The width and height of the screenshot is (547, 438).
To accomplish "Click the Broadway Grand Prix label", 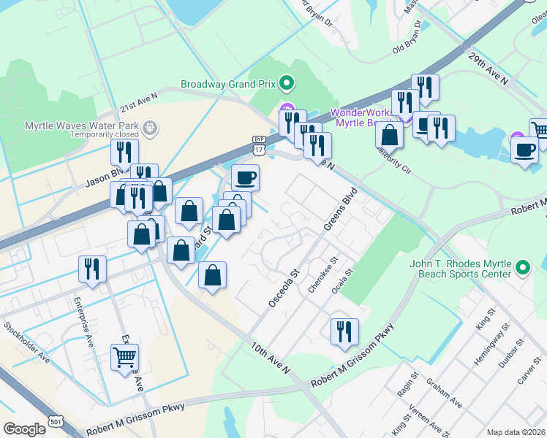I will coord(229,83).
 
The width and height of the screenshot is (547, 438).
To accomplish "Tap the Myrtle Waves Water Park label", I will coord(80,125).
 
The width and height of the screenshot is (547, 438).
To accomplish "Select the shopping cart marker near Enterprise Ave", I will coord(124,358).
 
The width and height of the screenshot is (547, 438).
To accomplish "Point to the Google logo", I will coord(24,429).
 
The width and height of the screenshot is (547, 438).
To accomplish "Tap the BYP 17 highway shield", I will coord(258,145).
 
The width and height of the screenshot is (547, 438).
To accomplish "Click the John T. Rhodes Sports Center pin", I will coord(523,268).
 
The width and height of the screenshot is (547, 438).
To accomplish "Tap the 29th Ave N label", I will coord(488,69).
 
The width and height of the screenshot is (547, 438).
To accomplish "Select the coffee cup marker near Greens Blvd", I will coord(245,177).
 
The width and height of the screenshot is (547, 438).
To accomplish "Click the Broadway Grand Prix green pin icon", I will coord(287,83).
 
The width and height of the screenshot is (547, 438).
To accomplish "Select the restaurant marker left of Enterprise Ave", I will coord(93,269).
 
